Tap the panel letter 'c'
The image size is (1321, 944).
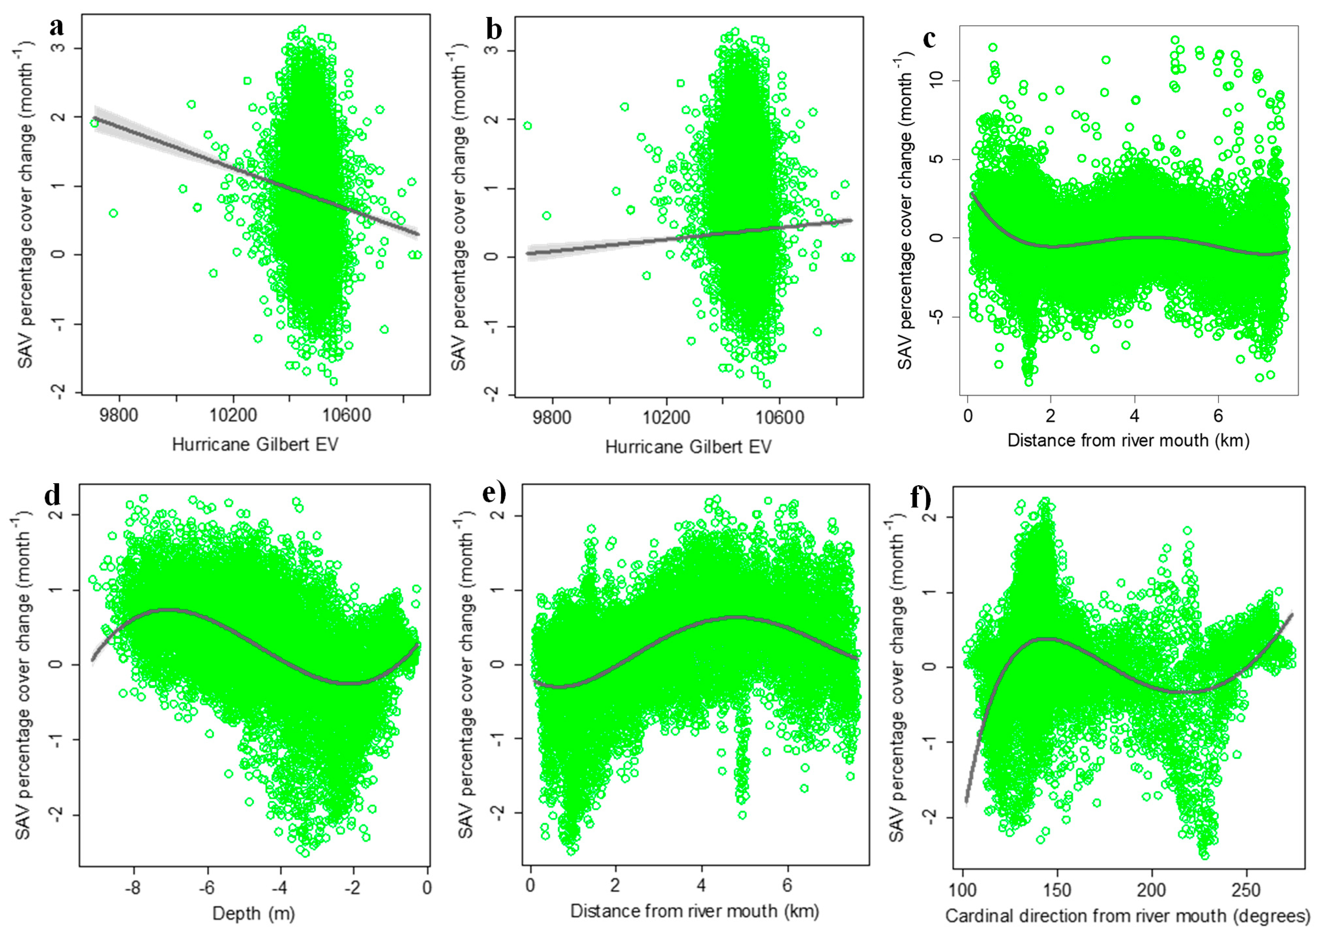coord(929,39)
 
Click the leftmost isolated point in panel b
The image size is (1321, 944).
coord(527,125)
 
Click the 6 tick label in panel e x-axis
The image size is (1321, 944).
coord(787,885)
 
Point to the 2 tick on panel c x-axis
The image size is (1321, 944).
coord(1050,415)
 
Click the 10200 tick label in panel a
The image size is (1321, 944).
coord(233,415)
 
